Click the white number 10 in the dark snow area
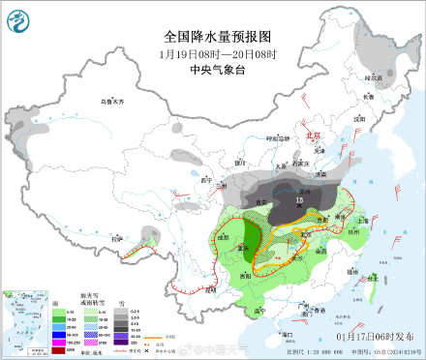(x=299, y=200)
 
